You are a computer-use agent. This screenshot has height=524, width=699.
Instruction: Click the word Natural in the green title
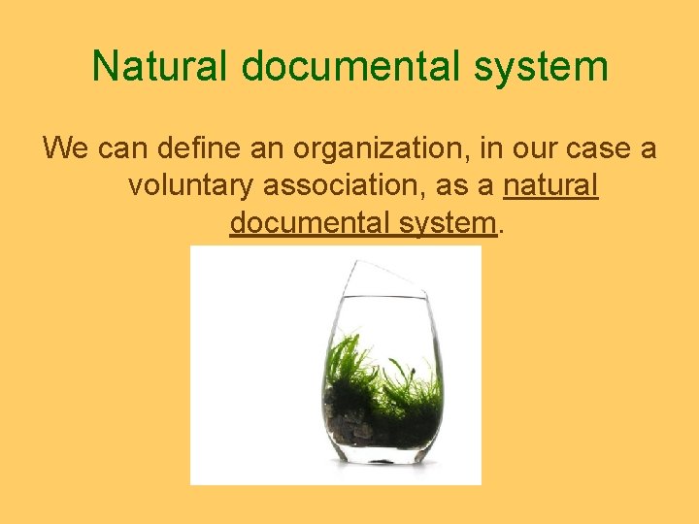pyautogui.click(x=160, y=66)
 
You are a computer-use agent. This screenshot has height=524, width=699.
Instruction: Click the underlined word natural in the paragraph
pyautogui.click(x=550, y=185)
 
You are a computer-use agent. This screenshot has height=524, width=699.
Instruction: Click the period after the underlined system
pyautogui.click(x=501, y=230)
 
